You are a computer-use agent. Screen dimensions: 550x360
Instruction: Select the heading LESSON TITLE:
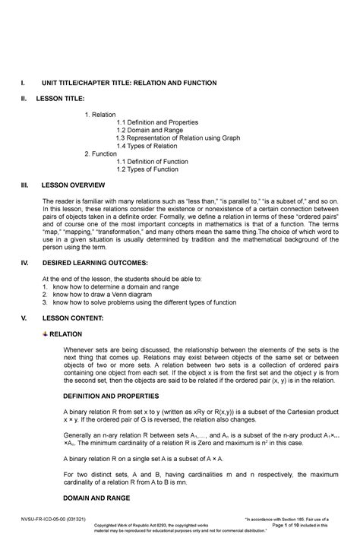(69, 99)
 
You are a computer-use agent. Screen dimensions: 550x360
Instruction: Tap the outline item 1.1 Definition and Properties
(157, 122)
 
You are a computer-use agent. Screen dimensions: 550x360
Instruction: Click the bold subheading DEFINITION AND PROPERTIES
(110, 397)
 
